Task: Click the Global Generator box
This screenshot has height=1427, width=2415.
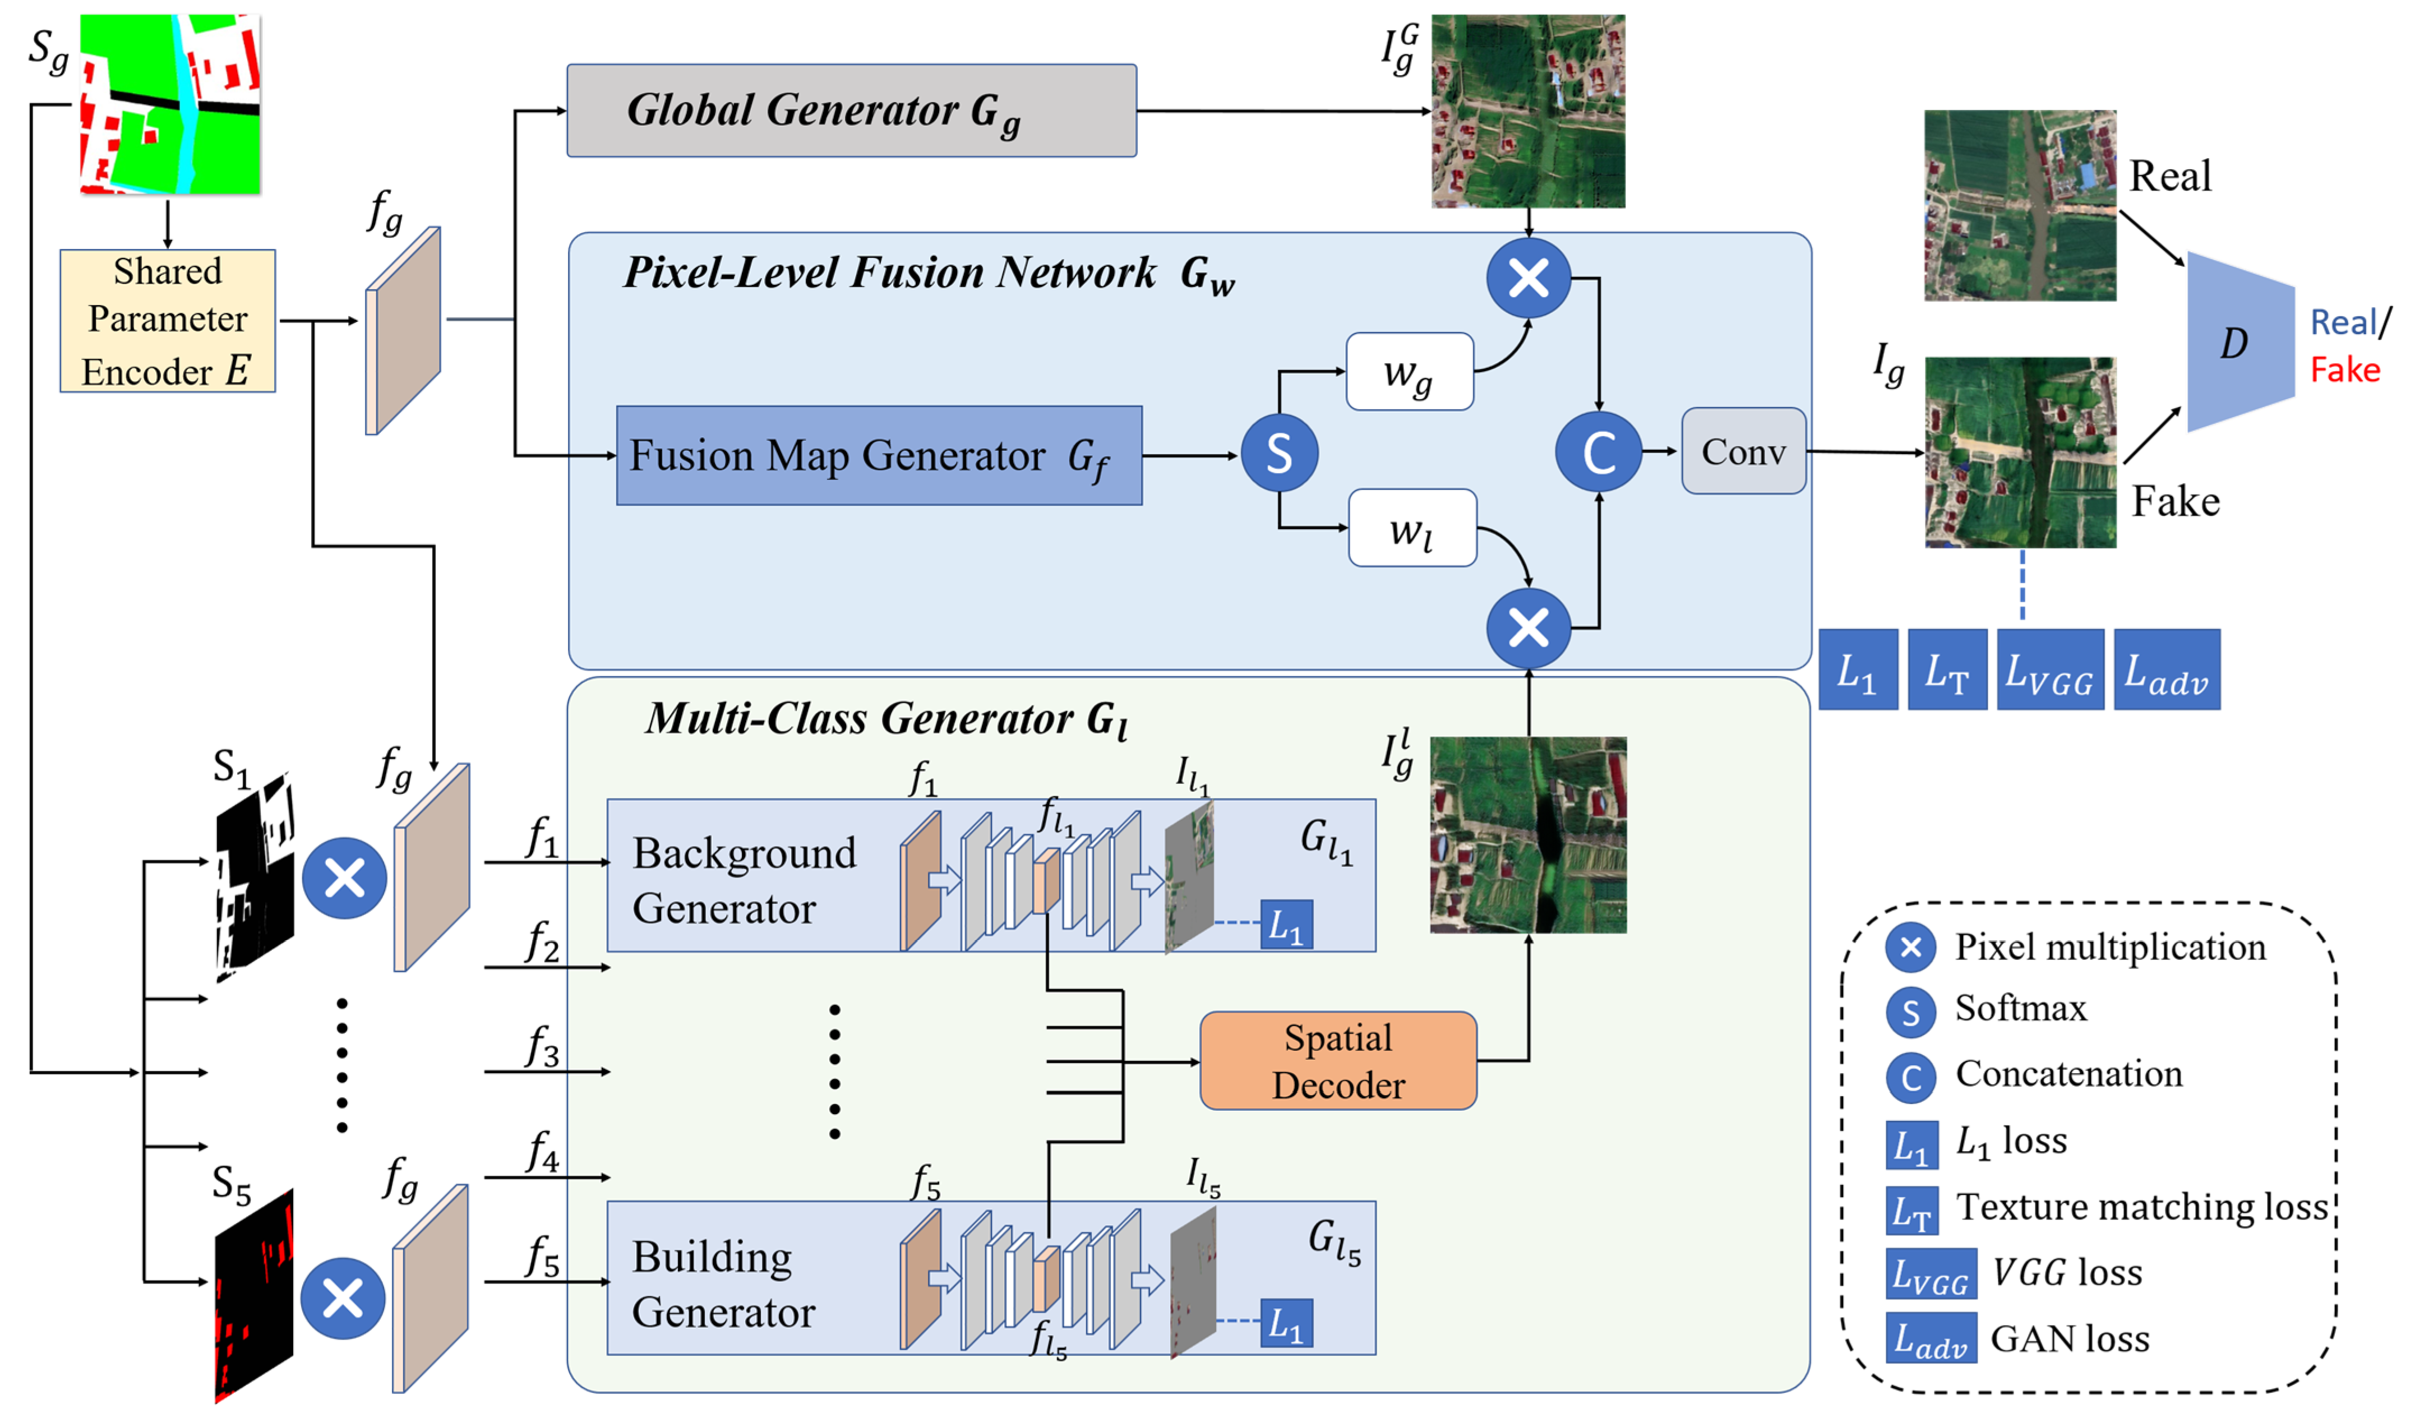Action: coord(851,110)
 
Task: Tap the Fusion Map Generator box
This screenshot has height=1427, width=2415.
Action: coord(879,455)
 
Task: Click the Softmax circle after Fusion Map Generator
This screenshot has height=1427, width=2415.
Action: coord(1278,453)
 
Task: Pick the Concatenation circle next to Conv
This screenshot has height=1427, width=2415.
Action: coord(1598,452)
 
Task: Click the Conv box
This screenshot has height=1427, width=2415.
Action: coord(1743,451)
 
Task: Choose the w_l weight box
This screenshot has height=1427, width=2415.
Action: coord(1411,528)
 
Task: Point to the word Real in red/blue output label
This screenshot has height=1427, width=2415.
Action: coord(2342,323)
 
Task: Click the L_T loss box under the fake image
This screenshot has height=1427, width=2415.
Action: coord(1947,670)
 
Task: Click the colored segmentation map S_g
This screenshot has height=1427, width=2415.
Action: coord(169,104)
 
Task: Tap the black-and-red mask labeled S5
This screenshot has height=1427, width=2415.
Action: coord(253,1294)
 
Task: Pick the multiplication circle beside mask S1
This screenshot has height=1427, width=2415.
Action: coord(344,878)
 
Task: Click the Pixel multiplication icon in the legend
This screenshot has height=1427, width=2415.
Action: coord(1910,947)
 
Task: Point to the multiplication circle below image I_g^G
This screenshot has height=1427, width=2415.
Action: coord(1527,279)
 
